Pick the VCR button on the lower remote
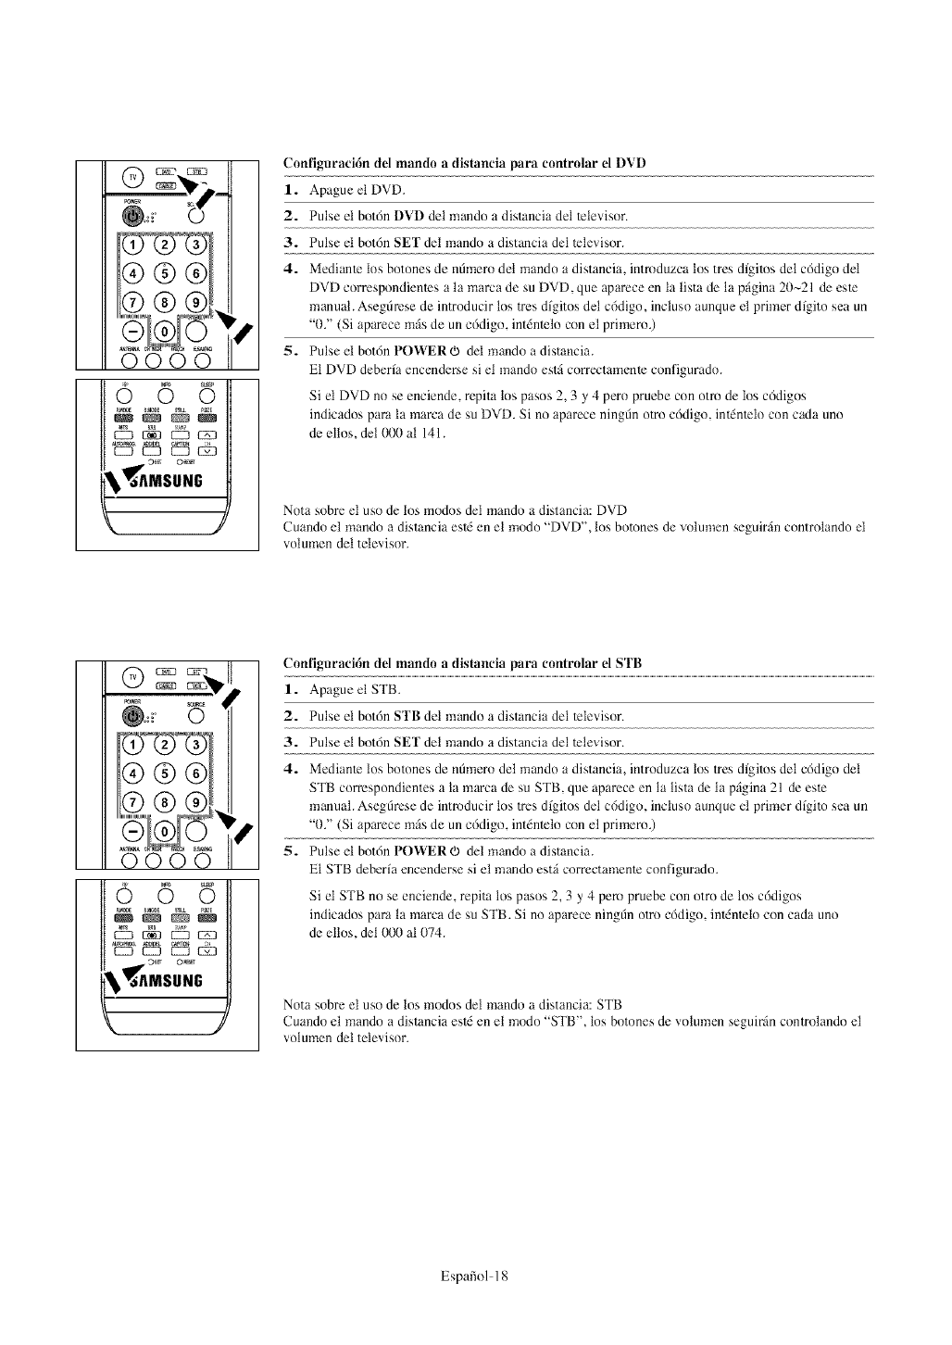click(x=196, y=686)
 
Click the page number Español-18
click(x=476, y=1276)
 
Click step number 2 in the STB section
click(x=290, y=716)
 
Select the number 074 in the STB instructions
click(x=432, y=932)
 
